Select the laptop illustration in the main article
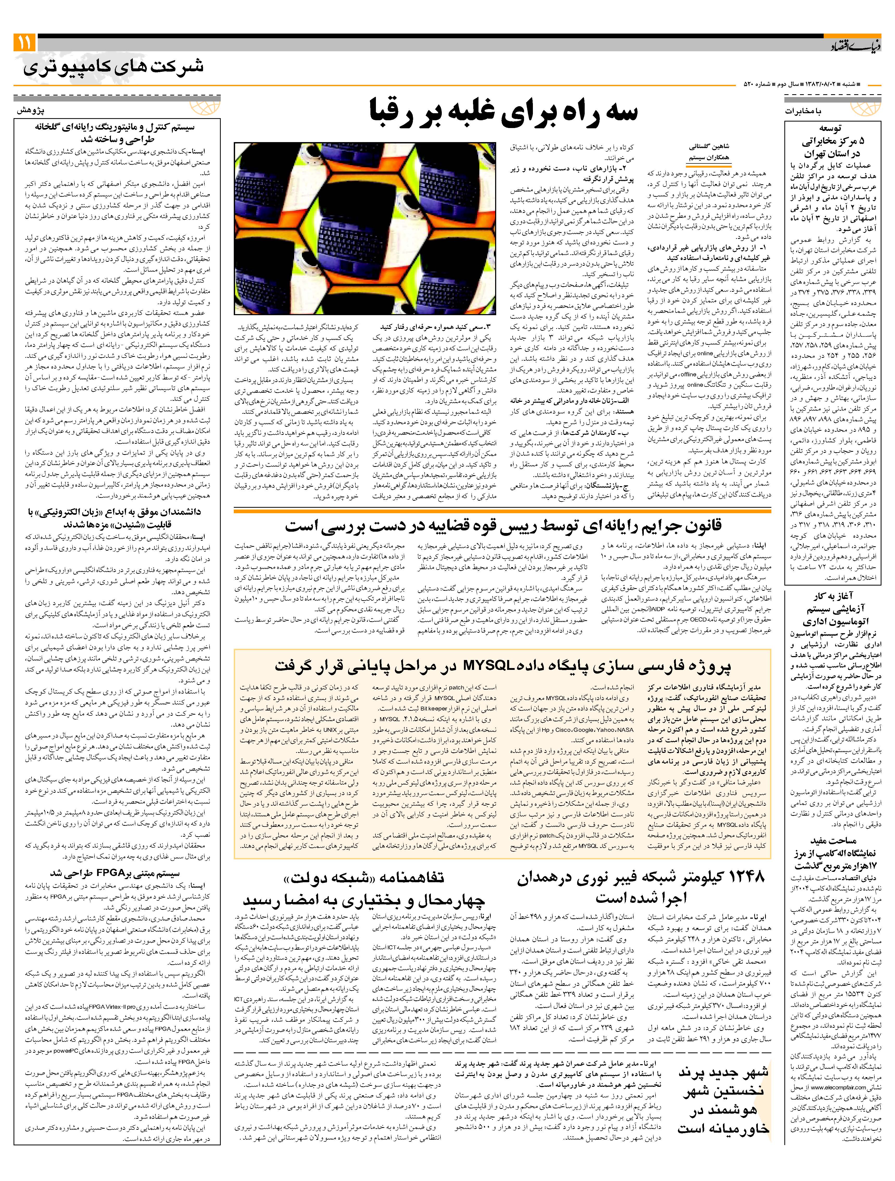pyautogui.click(x=367, y=228)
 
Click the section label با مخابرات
pyautogui.click(x=804, y=111)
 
